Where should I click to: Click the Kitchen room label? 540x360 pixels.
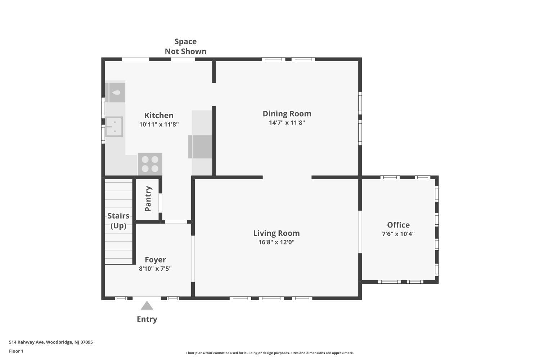point(159,115)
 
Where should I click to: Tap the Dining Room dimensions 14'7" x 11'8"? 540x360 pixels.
point(287,122)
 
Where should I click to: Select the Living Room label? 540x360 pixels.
point(276,233)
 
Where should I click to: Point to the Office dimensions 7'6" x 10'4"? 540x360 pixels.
point(398,234)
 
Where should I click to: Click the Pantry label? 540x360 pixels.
point(148,198)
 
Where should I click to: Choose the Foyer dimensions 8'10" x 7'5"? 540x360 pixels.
point(155,268)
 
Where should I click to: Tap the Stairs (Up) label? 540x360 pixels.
point(118,221)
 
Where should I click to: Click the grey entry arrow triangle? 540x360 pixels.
point(147,306)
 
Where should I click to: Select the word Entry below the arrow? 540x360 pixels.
point(147,319)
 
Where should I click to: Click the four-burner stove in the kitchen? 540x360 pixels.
point(150,164)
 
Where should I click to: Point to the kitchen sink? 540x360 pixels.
point(114,127)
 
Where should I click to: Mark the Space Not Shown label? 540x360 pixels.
point(185,46)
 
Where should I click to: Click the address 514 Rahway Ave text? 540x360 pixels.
point(27,342)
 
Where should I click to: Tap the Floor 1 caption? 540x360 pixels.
point(16,351)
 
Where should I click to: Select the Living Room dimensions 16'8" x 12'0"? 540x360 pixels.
point(276,242)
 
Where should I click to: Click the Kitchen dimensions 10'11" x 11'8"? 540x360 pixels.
point(159,125)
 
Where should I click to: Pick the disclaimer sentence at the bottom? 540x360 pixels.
point(270,353)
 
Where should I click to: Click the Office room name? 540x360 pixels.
point(398,225)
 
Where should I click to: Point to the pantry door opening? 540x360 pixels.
point(160,203)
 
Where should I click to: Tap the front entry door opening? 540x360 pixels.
point(147,298)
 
